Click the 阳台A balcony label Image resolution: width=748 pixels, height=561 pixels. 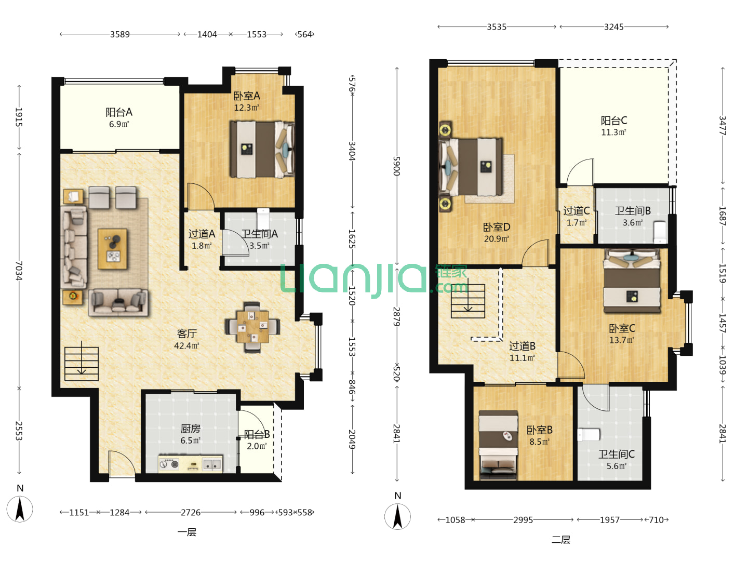pyautogui.click(x=118, y=112)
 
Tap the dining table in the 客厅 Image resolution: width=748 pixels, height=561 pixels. pyautogui.click(x=252, y=327)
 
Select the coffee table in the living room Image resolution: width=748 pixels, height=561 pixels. pyautogui.click(x=112, y=249)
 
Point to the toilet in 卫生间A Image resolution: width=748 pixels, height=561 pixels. pyautogui.click(x=263, y=219)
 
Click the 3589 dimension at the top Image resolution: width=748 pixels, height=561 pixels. pyautogui.click(x=119, y=34)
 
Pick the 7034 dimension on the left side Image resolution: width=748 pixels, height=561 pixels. pyautogui.click(x=19, y=271)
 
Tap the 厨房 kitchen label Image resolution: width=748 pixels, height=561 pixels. pyautogui.click(x=190, y=428)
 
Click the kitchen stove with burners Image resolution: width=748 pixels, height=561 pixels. pyautogui.click(x=169, y=464)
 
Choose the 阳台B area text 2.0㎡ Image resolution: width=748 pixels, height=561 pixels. pyautogui.click(x=257, y=446)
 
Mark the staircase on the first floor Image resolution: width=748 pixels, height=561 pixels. pyautogui.click(x=82, y=364)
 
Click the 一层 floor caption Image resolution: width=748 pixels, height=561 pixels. pyautogui.click(x=187, y=532)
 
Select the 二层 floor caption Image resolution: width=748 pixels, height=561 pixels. pyautogui.click(x=560, y=540)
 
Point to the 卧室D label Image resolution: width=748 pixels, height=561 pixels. pyautogui.click(x=497, y=227)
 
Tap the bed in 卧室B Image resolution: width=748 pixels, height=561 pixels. pyautogui.click(x=498, y=446)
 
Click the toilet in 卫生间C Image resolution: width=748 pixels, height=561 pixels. pyautogui.click(x=589, y=435)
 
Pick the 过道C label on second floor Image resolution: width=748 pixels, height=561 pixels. pyautogui.click(x=576, y=211)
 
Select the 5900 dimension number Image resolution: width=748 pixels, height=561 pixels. pyautogui.click(x=397, y=166)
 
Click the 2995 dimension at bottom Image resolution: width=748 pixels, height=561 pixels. pyautogui.click(x=523, y=520)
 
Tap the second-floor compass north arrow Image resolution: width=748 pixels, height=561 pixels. pyautogui.click(x=397, y=517)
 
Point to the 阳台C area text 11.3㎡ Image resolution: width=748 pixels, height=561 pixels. pyautogui.click(x=613, y=132)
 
